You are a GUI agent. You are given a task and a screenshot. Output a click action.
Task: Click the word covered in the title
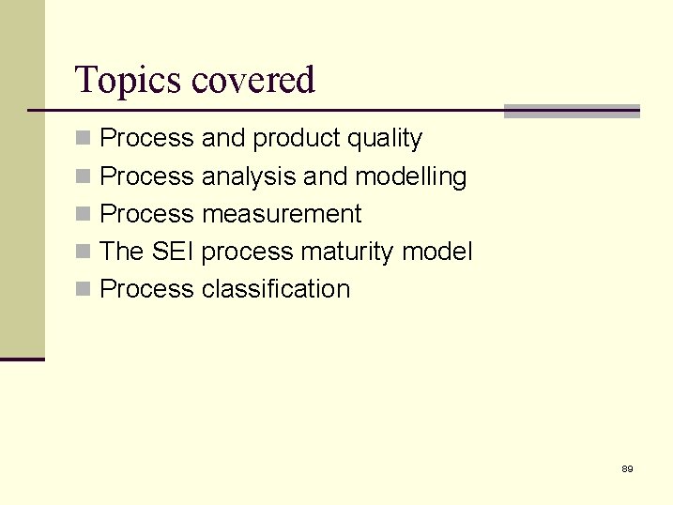click(x=252, y=81)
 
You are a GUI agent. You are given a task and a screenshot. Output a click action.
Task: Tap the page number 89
click(x=627, y=468)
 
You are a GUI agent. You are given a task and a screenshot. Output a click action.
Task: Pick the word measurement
click(x=282, y=214)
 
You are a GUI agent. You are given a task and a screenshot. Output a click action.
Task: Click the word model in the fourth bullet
click(x=437, y=252)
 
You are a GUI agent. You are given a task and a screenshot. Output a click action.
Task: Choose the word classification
click(x=276, y=289)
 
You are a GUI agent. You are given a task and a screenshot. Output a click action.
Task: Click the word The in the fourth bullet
click(x=120, y=252)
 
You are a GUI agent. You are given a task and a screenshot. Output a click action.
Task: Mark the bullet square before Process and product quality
click(x=84, y=139)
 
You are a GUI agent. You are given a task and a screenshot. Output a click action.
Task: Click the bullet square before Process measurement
click(x=84, y=215)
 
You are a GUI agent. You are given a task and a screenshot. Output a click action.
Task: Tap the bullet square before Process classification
click(x=84, y=290)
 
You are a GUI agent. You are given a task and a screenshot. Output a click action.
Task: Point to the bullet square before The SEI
click(x=84, y=252)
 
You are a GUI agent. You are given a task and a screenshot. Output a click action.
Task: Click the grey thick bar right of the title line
click(x=572, y=111)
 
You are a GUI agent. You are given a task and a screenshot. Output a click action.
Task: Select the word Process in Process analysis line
click(x=146, y=176)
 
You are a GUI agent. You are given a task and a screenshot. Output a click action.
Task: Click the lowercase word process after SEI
click(x=251, y=252)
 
